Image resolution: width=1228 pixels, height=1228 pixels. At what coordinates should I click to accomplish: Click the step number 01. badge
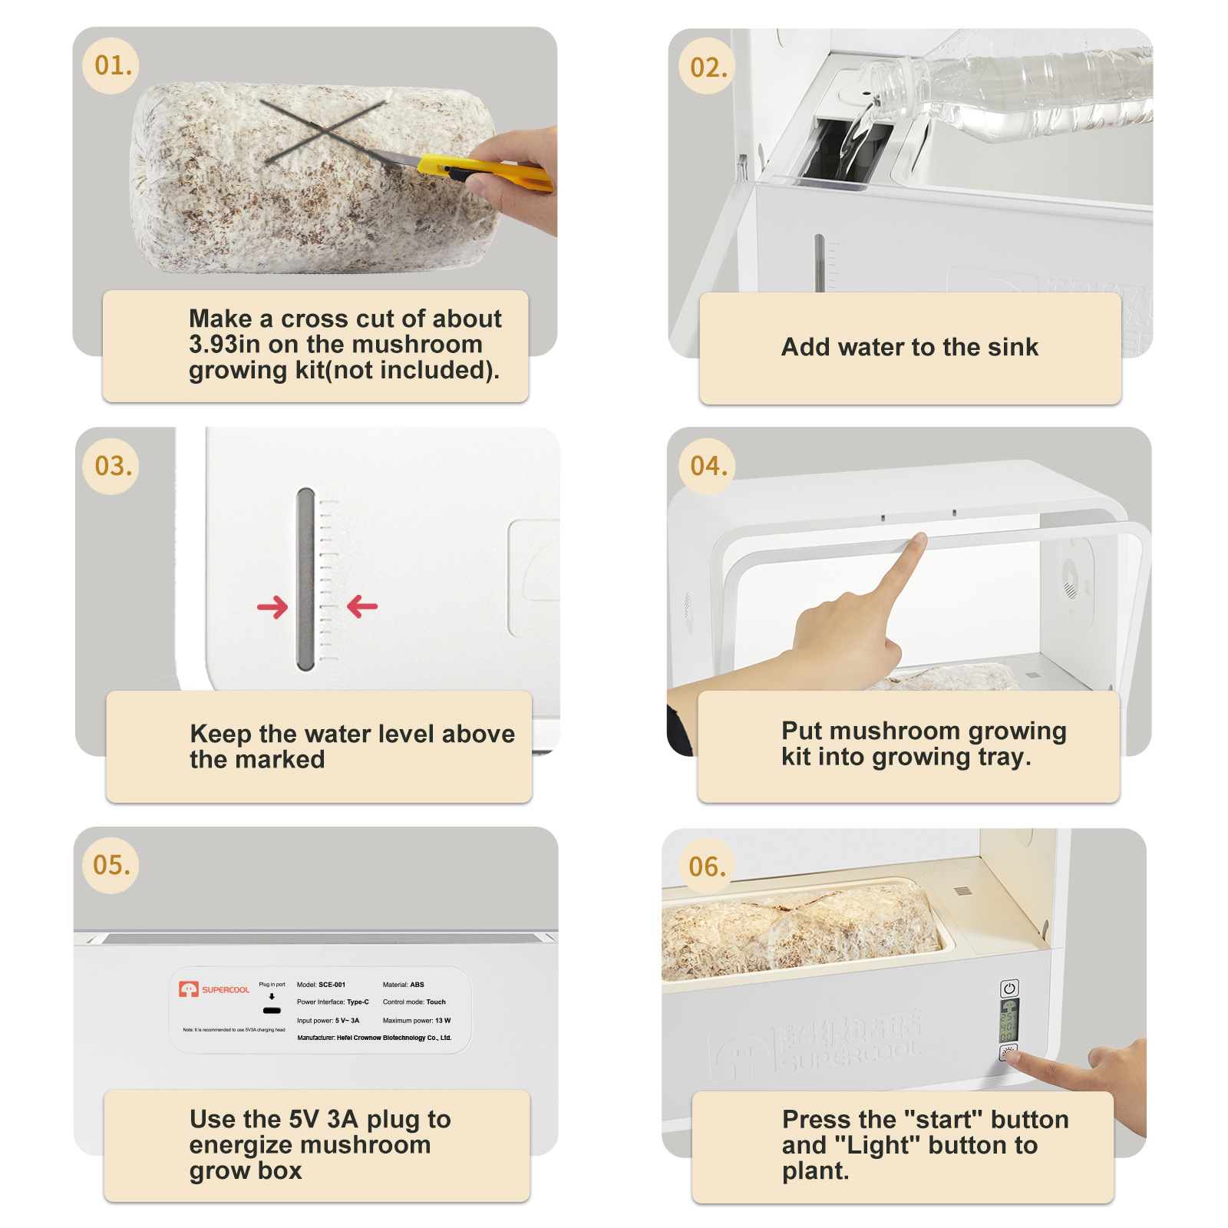click(x=112, y=66)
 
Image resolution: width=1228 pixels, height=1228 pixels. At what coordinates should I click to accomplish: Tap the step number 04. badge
click(x=708, y=466)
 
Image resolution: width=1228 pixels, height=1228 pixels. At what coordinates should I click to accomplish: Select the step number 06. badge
click(x=706, y=867)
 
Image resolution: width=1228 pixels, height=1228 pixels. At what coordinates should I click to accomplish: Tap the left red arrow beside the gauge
click(x=272, y=608)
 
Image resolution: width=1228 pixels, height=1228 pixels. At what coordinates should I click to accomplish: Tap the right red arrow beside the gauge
click(x=362, y=607)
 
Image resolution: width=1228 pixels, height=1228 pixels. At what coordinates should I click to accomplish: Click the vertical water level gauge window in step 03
click(x=305, y=579)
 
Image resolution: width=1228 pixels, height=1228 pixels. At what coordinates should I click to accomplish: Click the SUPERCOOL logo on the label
click(x=215, y=989)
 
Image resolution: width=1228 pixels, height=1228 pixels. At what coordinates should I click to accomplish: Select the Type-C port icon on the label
click(x=272, y=1010)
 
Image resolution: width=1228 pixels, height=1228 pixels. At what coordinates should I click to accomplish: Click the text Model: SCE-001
click(x=321, y=984)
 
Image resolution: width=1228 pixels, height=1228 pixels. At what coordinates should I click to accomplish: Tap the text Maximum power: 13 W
click(x=416, y=1020)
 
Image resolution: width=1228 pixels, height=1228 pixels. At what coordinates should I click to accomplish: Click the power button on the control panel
click(x=1009, y=989)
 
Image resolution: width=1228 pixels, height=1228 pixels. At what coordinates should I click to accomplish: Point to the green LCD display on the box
click(x=1008, y=1021)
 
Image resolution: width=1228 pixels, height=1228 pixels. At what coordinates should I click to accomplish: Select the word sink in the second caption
click(x=1013, y=347)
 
